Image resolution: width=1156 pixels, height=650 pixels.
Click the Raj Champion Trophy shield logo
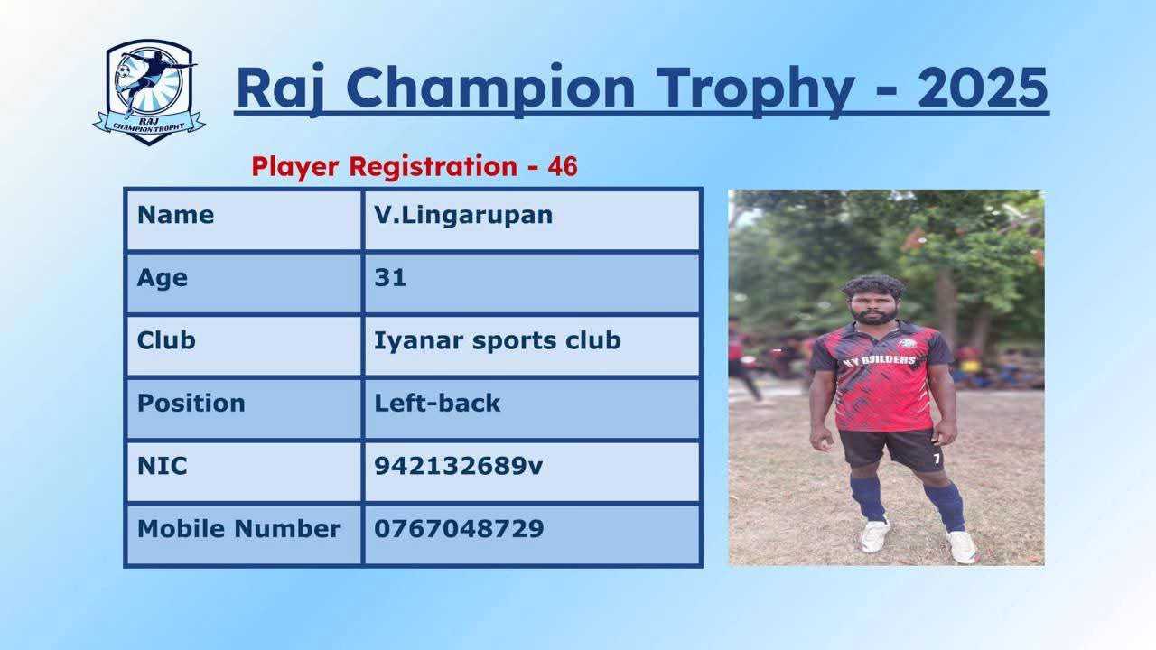(149, 92)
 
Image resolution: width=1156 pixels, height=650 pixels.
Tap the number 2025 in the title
(984, 88)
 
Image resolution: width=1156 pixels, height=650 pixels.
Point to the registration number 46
(563, 167)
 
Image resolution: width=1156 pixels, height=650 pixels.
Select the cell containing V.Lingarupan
(532, 220)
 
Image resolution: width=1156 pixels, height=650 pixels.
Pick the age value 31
(390, 277)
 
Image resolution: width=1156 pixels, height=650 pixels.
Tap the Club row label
(166, 340)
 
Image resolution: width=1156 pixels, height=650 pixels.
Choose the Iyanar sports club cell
(532, 346)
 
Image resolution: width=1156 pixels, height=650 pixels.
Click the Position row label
(191, 403)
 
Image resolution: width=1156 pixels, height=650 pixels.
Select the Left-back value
(437, 403)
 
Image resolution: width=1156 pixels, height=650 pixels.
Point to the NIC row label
(162, 466)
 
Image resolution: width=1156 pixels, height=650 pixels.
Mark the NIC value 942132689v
(458, 466)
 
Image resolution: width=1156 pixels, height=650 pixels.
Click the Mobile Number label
(239, 529)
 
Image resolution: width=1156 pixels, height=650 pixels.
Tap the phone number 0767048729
(459, 529)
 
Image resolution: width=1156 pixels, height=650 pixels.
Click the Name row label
(175, 215)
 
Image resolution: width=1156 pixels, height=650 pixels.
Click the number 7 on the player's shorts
(937, 458)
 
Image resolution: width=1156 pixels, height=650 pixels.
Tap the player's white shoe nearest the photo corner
(962, 547)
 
